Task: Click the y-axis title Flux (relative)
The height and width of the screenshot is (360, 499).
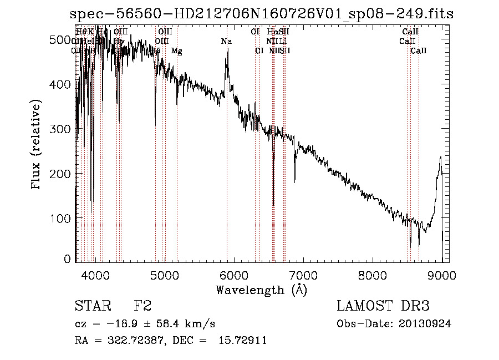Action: tap(37, 146)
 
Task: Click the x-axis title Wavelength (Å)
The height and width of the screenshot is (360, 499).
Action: tap(261, 290)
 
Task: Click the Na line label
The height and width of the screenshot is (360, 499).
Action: tap(226, 42)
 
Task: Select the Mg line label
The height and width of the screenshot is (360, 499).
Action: tap(176, 51)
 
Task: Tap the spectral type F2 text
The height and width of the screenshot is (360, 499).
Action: tap(142, 306)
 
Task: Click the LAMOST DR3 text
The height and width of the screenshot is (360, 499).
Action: tap(383, 306)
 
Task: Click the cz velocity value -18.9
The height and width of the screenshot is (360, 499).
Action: tap(124, 324)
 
